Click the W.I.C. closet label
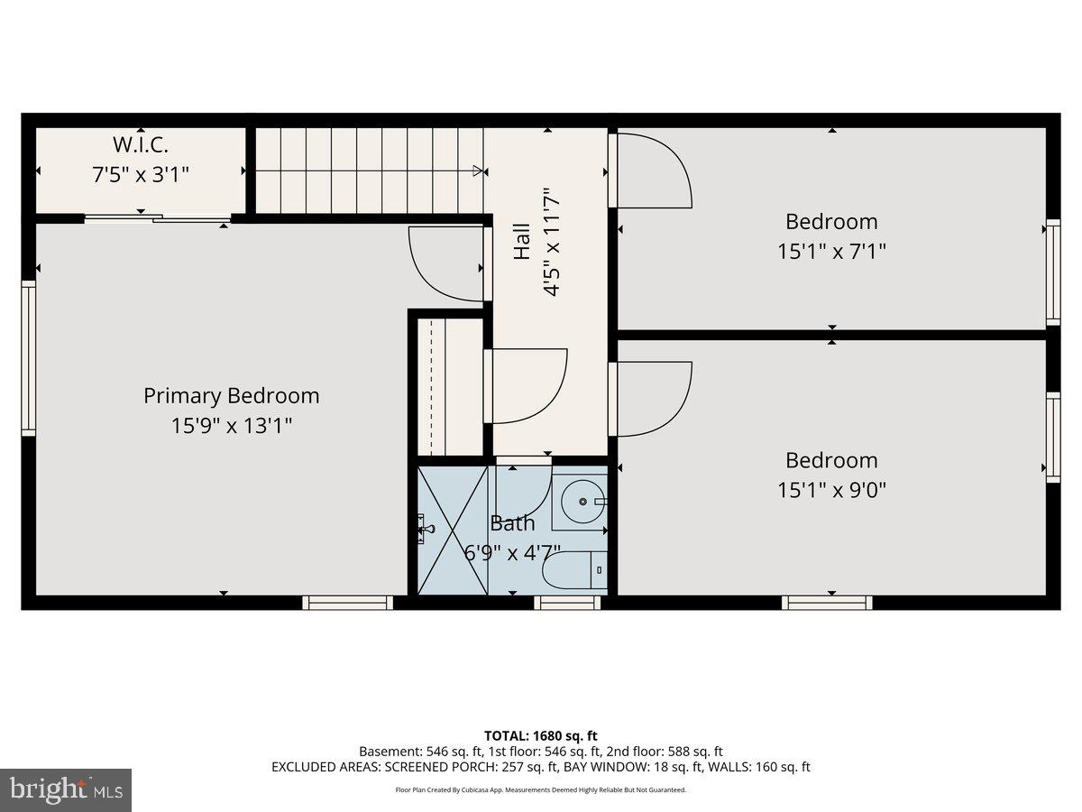pyautogui.click(x=141, y=144)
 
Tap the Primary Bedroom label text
pyautogui.click(x=231, y=396)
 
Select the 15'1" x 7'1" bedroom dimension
pyautogui.click(x=831, y=251)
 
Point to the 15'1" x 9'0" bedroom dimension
pyautogui.click(x=831, y=490)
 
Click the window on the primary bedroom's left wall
pyautogui.click(x=29, y=358)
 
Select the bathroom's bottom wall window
pyautogui.click(x=567, y=602)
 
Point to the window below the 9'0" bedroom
pyautogui.click(x=827, y=602)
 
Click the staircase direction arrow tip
pyautogui.click(x=479, y=171)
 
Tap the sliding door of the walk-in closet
pyautogui.click(x=158, y=217)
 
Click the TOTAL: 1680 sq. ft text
pyautogui.click(x=541, y=736)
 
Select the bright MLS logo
pyautogui.click(x=65, y=789)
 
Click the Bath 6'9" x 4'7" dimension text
pyautogui.click(x=512, y=552)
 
